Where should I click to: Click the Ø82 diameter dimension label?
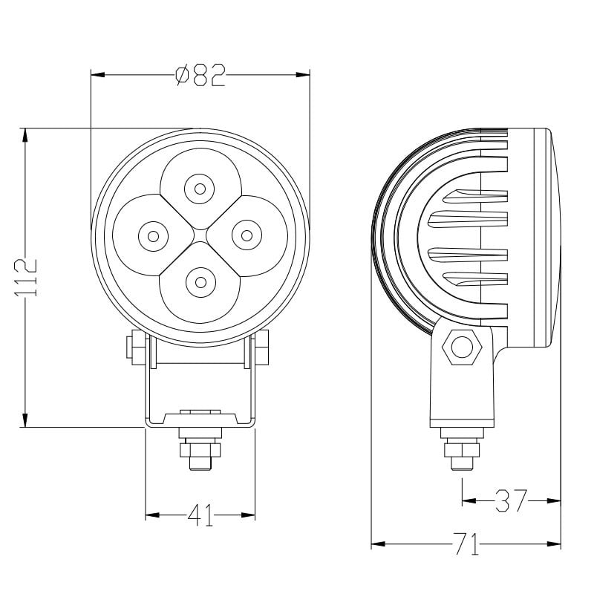pyautogui.click(x=200, y=76)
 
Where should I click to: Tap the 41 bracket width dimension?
pyautogui.click(x=200, y=515)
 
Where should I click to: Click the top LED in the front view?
pyautogui.click(x=199, y=188)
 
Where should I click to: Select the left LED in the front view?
pyautogui.click(x=152, y=236)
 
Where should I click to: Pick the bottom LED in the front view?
pyautogui.click(x=199, y=281)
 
